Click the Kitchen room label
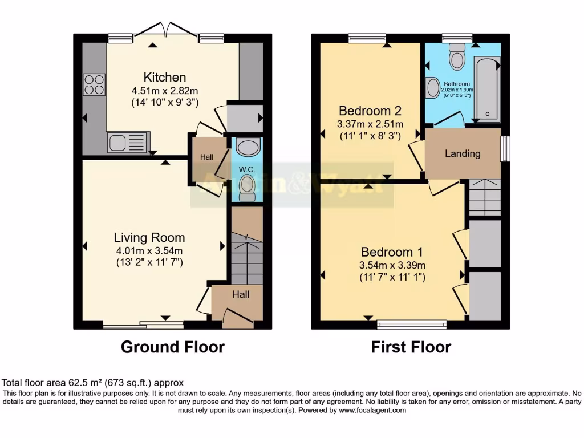(164, 78)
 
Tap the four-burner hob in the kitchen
(94, 85)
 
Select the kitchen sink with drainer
(128, 142)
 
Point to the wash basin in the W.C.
(248, 148)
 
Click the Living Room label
(149, 238)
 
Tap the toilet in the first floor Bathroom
(457, 59)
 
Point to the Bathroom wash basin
(433, 88)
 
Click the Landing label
(463, 153)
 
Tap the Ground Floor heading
(172, 347)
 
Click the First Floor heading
(411, 347)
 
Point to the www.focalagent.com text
(372, 410)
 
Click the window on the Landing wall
(505, 148)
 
